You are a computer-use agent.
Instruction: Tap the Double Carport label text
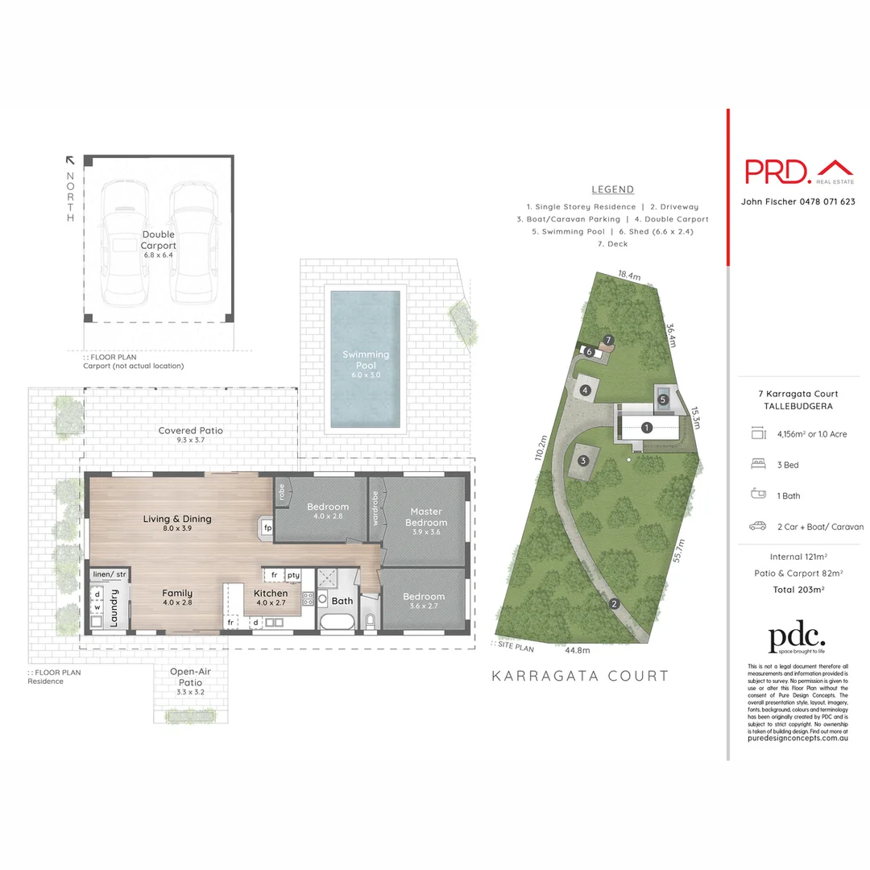click(x=159, y=239)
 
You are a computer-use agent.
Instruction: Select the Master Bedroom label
click(x=426, y=516)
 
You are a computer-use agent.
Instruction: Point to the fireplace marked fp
click(x=267, y=528)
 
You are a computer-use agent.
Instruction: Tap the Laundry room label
click(x=114, y=607)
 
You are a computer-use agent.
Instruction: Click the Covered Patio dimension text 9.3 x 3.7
click(x=190, y=442)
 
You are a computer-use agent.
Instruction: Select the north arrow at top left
click(x=70, y=160)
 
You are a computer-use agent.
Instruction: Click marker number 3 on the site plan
click(x=583, y=461)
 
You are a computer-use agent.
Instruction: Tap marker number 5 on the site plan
click(x=663, y=399)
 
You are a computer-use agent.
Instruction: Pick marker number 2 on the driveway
click(x=614, y=604)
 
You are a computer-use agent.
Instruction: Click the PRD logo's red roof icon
click(x=835, y=168)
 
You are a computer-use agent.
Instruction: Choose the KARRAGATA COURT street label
click(x=580, y=676)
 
